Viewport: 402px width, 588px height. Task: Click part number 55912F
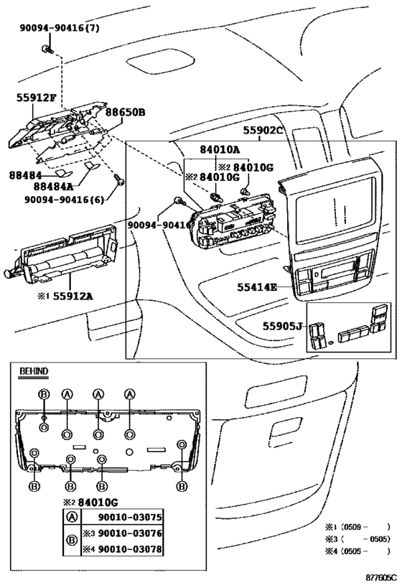[36, 98]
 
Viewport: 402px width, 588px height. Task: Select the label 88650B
[125, 112]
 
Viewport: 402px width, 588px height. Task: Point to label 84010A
[220, 149]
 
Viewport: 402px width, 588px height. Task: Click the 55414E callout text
[257, 287]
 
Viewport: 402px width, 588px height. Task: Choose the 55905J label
[282, 326]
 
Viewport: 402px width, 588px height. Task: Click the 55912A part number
[73, 297]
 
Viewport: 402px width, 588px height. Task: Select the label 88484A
[54, 187]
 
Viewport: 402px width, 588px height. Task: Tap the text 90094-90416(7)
[60, 28]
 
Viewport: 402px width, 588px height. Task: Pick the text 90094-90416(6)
[65, 200]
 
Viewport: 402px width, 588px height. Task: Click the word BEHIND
[34, 371]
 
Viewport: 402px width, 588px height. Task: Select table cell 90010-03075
[130, 517]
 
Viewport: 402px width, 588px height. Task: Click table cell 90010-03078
[130, 549]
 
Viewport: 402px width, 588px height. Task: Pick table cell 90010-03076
[130, 533]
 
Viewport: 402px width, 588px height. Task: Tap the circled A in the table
[72, 518]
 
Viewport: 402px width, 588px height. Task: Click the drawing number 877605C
[381, 577]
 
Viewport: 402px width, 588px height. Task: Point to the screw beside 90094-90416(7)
[47, 49]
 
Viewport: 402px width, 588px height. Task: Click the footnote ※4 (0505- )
[357, 551]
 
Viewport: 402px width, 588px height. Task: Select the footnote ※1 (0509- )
[357, 527]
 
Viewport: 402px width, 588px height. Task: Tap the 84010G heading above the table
[98, 502]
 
